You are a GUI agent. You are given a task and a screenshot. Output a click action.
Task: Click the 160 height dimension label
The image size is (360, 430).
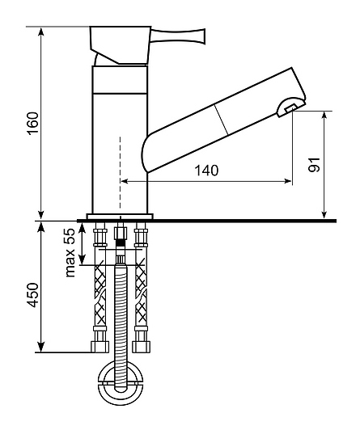pos(33,123)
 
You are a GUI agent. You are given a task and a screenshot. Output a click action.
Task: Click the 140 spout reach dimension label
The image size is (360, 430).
pos(206,171)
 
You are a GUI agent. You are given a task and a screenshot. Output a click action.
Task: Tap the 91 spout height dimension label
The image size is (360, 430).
pos(314,165)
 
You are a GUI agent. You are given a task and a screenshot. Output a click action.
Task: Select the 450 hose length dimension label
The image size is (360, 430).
pos(33,295)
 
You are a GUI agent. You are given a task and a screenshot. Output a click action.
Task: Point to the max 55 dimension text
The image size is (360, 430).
pos(70,252)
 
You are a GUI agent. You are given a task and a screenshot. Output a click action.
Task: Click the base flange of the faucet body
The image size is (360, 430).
pos(120,217)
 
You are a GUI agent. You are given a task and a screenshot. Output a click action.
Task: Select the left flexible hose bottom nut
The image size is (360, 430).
pos(100,347)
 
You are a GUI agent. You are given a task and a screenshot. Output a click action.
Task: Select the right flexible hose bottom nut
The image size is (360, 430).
pos(142,347)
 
